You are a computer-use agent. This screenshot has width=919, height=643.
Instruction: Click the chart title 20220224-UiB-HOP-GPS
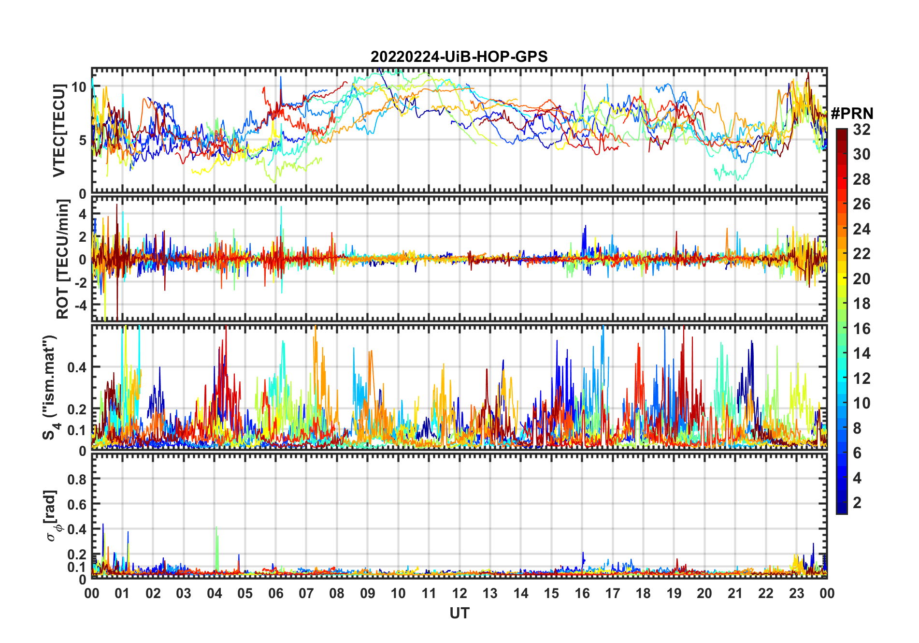point(459,57)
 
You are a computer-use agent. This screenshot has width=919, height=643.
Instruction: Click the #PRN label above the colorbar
point(852,114)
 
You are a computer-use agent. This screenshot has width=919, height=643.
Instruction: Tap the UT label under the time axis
point(459,613)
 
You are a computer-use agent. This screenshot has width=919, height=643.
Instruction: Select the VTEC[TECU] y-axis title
point(59,131)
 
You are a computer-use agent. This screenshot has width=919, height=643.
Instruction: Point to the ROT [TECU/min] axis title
point(63,259)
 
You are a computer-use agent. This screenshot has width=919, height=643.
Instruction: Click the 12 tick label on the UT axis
point(459,593)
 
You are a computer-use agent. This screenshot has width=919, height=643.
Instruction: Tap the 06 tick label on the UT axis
point(275,593)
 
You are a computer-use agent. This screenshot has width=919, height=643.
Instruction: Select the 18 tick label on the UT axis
point(643,593)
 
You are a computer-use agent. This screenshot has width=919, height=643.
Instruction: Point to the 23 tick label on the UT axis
point(796,593)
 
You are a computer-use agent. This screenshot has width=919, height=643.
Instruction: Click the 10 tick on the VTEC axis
point(79,87)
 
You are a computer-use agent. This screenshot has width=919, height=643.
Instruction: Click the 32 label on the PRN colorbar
point(861,130)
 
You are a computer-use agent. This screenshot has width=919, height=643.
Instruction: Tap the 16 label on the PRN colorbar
point(861,329)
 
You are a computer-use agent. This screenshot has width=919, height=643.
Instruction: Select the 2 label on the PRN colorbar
point(857,503)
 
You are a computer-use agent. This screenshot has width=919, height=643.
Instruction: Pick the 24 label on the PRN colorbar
point(861,229)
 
